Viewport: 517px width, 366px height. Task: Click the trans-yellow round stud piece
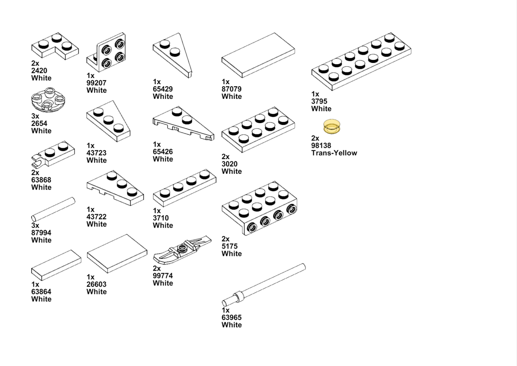332,127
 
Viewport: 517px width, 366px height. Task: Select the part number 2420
39,71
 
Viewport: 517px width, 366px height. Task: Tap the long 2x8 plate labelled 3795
361,61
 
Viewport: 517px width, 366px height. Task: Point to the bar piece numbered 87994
53,209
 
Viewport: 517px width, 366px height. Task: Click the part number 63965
232,317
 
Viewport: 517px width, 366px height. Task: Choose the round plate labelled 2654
48,100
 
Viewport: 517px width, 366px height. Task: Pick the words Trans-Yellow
334,153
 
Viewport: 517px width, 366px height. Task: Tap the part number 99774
163,276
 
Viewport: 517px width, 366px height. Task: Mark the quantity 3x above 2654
35,116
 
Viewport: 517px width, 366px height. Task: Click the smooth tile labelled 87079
258,55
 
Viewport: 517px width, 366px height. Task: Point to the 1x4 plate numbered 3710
185,188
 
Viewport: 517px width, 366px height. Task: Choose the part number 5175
229,246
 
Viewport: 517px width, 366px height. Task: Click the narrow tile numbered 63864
56,265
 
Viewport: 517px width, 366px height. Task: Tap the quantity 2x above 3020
226,157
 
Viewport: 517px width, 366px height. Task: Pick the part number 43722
96,217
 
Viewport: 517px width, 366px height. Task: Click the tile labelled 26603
117,254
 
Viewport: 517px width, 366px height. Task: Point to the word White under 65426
163,159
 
